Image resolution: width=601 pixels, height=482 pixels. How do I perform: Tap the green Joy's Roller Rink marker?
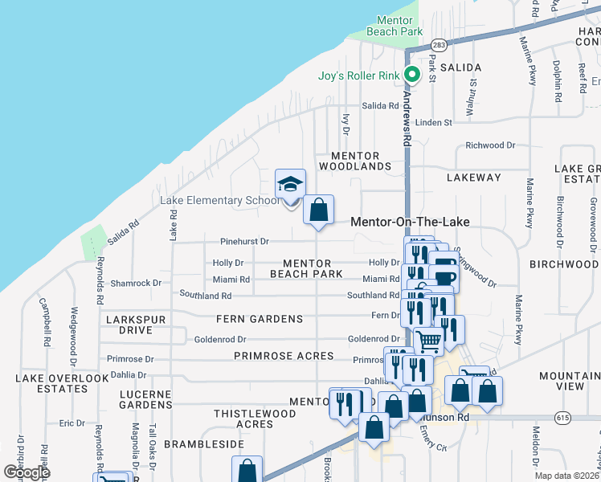tap(412, 76)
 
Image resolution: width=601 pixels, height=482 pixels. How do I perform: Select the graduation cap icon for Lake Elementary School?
tap(290, 185)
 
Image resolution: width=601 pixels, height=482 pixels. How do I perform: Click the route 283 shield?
tap(439, 46)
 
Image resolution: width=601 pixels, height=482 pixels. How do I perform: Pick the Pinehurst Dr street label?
tap(244, 241)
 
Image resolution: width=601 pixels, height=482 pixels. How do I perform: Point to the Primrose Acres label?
tap(284, 356)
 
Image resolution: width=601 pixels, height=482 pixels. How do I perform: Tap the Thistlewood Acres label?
tap(255, 419)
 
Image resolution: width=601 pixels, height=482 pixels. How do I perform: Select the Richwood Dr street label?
tap(490, 145)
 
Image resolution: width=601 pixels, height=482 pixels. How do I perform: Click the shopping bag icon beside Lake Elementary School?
tap(319, 210)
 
